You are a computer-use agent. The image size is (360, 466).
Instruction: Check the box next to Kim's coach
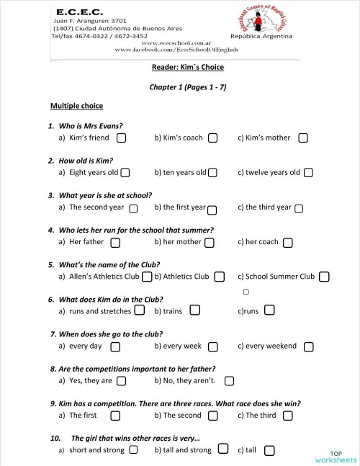(x=213, y=138)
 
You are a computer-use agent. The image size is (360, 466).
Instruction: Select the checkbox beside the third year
(x=299, y=208)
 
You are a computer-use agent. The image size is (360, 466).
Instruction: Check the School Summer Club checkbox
(x=325, y=277)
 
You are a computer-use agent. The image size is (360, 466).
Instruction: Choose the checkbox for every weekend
(x=308, y=346)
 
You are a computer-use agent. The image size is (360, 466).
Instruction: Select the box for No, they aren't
(x=229, y=381)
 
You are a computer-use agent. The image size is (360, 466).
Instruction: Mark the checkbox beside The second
(x=213, y=416)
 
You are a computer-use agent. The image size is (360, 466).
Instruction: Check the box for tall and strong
(x=223, y=449)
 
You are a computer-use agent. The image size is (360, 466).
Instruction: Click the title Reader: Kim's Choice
(x=187, y=67)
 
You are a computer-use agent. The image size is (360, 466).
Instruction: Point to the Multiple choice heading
(x=75, y=106)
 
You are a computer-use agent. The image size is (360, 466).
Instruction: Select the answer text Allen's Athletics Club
(x=104, y=276)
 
